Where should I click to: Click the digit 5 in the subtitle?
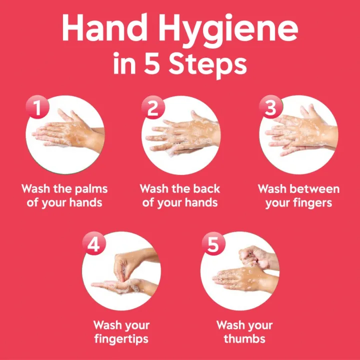(151, 65)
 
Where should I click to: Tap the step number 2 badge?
(152, 107)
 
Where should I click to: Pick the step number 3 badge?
(270, 107)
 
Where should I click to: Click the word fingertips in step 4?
(121, 339)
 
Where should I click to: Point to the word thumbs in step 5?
(244, 339)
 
